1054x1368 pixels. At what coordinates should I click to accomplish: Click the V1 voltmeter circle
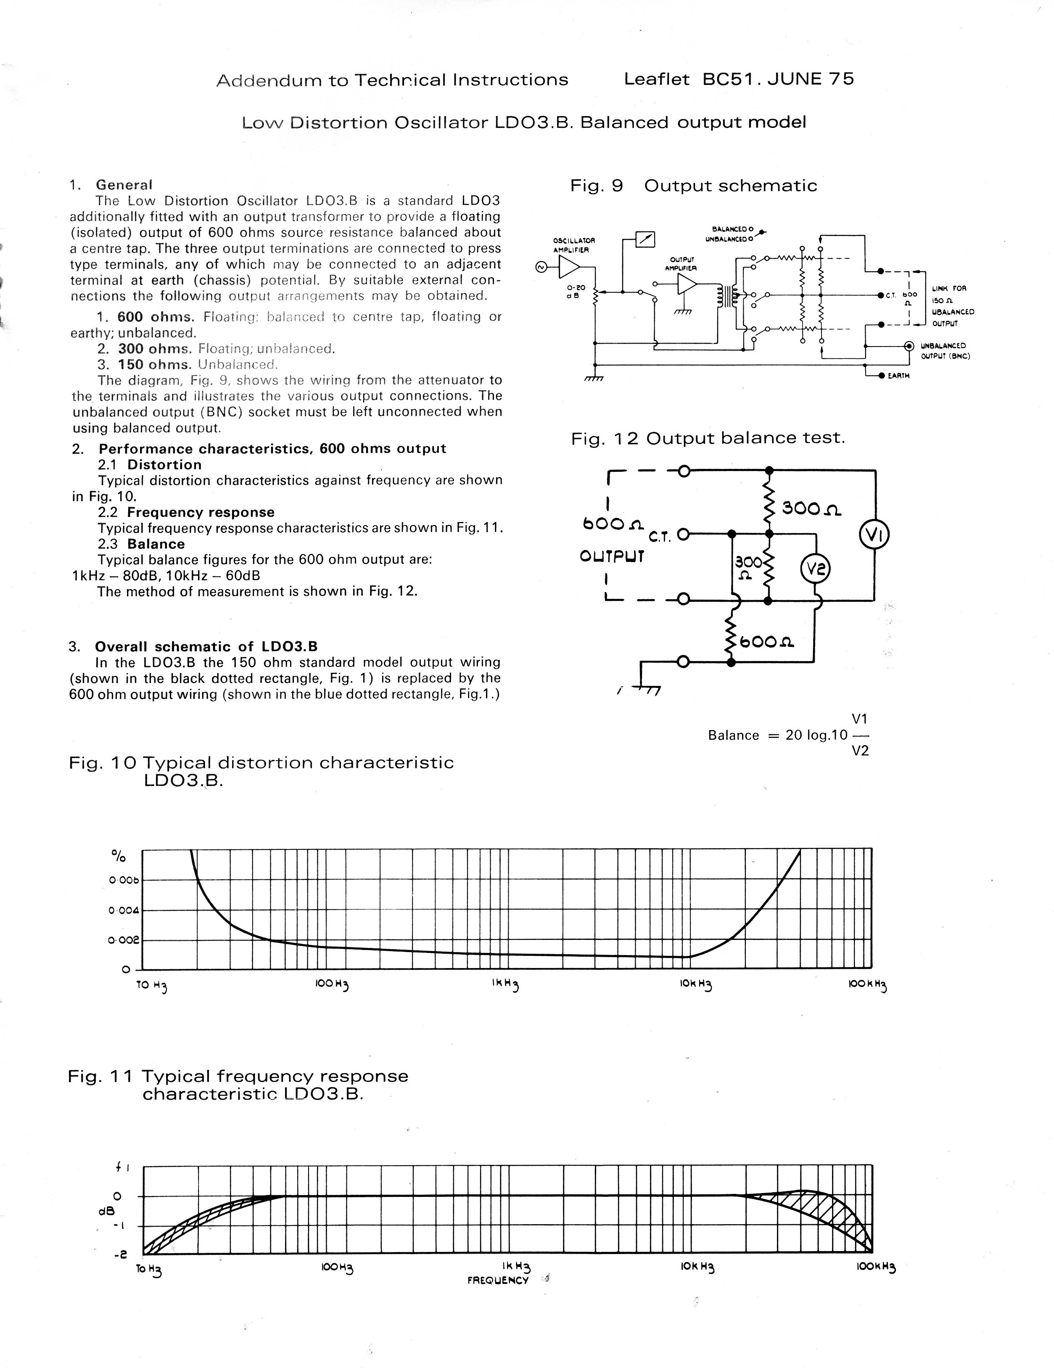[x=874, y=535]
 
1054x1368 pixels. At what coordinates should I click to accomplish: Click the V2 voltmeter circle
[x=815, y=569]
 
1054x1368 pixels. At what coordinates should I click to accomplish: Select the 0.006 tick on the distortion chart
[x=123, y=880]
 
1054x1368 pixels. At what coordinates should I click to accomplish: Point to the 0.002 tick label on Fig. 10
[x=123, y=940]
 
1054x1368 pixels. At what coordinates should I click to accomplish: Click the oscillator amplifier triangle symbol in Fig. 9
[x=569, y=267]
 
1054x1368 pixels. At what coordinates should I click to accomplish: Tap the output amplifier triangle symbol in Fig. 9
[x=687, y=284]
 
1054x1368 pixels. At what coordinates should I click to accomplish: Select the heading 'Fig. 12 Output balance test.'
[x=708, y=438]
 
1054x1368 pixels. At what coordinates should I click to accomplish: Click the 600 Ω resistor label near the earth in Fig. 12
[x=767, y=641]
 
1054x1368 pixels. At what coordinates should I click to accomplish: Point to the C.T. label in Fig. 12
[x=660, y=537]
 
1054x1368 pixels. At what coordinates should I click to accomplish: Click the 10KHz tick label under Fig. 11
[x=697, y=1267]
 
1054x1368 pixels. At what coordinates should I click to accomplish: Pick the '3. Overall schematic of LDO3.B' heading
[x=194, y=646]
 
